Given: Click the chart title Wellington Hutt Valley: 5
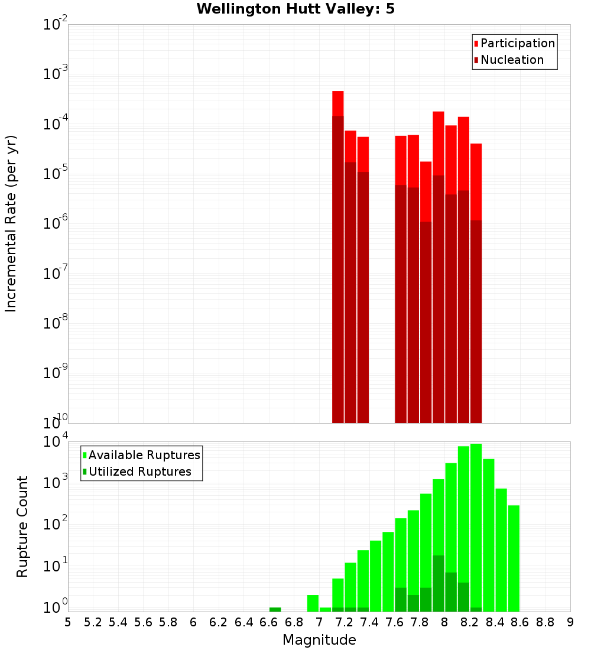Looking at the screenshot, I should (295, 9).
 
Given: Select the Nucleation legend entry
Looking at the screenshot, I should (511, 60).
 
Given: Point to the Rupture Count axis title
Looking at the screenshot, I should (22, 526).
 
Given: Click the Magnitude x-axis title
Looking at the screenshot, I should (319, 640).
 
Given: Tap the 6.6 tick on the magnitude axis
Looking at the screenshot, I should (269, 622).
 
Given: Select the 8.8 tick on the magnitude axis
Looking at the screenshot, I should (545, 622).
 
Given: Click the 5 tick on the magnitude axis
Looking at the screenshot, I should (68, 622).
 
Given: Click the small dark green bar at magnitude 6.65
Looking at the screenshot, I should (275, 609).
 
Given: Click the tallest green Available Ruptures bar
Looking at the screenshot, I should (476, 526).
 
